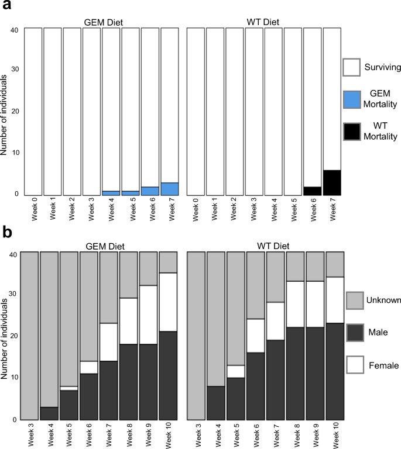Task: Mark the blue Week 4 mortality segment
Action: [111, 192]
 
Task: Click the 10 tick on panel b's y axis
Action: [15, 378]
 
